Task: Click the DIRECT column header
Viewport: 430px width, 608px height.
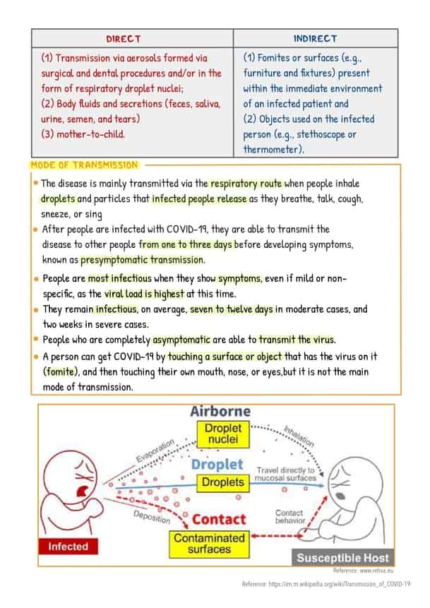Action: (123, 38)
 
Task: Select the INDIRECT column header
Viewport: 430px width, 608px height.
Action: (315, 38)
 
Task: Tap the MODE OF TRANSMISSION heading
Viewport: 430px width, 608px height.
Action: (85, 165)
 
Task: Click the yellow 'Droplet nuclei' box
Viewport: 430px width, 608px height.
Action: (222, 434)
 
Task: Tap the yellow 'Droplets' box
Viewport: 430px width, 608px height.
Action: (222, 482)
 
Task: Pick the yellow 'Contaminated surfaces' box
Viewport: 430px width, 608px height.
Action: (209, 542)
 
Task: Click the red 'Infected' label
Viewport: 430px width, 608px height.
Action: (68, 546)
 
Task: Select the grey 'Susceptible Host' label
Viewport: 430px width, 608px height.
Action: (342, 557)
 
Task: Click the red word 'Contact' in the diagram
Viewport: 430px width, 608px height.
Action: (218, 519)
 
